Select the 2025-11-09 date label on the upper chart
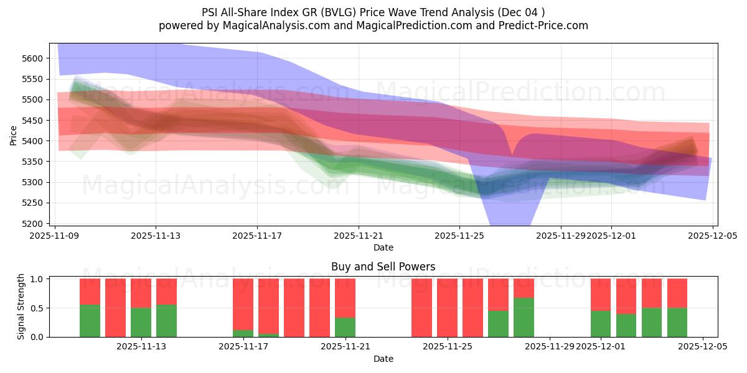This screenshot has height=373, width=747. click(x=55, y=236)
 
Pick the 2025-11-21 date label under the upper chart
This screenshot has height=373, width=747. click(x=359, y=236)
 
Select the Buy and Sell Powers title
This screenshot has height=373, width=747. click(x=383, y=267)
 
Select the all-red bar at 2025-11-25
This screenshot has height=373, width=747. click(x=447, y=308)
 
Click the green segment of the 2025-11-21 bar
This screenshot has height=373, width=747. click(x=345, y=328)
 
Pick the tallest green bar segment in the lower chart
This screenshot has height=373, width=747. click(x=524, y=318)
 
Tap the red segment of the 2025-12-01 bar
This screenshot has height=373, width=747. click(x=601, y=294)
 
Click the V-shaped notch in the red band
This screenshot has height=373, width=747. click(x=512, y=149)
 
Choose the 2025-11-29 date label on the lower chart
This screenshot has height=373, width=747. click(x=549, y=346)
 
